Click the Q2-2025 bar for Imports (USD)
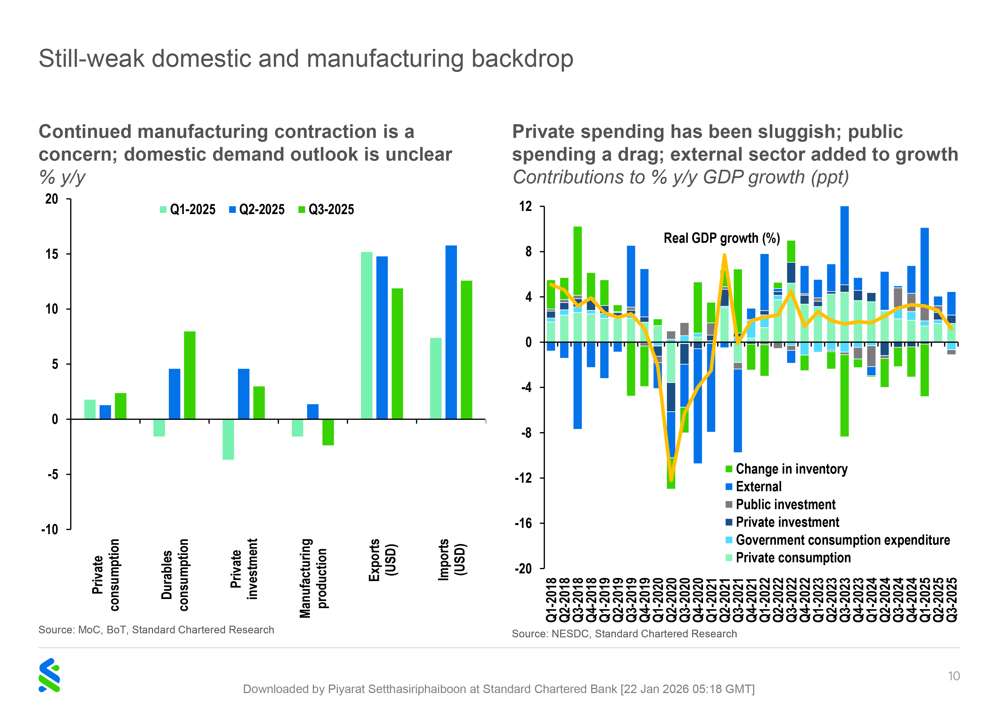[451, 332]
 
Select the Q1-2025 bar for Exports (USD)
[366, 335]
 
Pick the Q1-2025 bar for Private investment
[228, 439]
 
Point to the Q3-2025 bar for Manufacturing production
[328, 432]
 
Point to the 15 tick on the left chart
[52, 254]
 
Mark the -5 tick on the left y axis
[53, 474]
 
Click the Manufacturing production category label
[313, 578]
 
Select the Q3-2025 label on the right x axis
[952, 600]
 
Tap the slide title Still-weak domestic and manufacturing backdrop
[306, 58]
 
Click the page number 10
[954, 676]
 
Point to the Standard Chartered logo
[49, 675]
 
